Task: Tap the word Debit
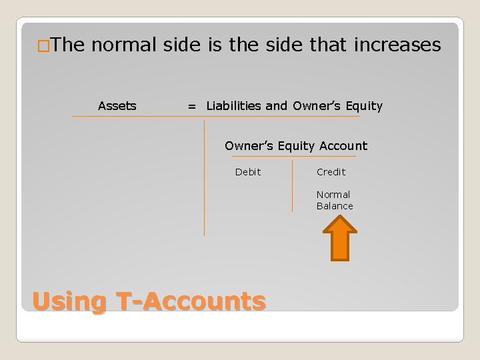coord(248,172)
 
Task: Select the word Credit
coord(331,172)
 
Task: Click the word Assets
coord(117,105)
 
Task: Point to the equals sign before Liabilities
coord(192,106)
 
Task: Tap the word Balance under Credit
coord(335,206)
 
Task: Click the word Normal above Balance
coord(333,195)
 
